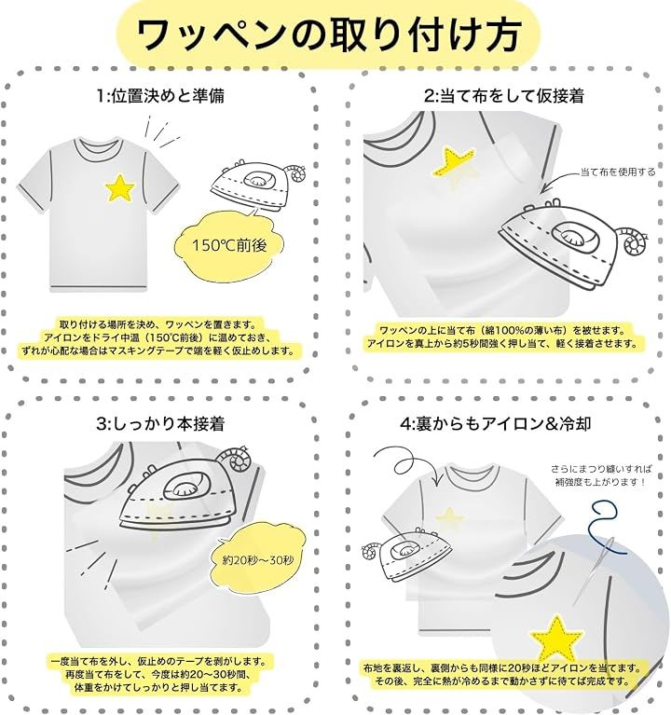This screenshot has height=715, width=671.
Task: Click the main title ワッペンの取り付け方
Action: point(329,35)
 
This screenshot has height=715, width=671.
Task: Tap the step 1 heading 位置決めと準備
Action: point(168,96)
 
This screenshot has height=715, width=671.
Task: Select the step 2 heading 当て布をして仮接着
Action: point(512,96)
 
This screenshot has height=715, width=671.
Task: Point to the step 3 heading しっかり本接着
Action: point(168,423)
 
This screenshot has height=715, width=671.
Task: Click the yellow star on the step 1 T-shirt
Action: point(120,188)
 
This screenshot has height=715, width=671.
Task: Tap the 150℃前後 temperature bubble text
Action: point(229,246)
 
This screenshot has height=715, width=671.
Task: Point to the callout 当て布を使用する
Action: point(618,172)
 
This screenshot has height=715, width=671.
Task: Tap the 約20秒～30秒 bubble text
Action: point(258,560)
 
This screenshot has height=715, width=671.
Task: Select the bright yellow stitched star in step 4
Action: point(556,639)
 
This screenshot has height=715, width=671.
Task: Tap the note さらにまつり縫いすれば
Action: point(602,468)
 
